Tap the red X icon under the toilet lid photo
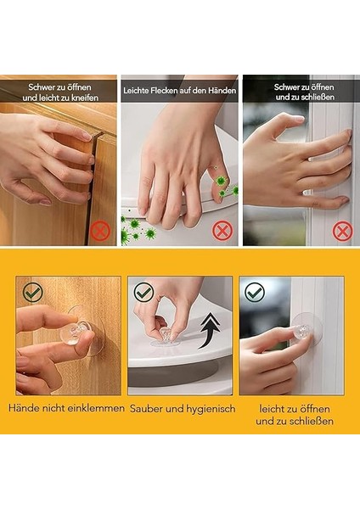pyautogui.click(x=222, y=229)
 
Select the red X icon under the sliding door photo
pyautogui.click(x=341, y=230)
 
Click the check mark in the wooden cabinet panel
pyautogui.click(x=32, y=293)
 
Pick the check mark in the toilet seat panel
pyautogui.click(x=144, y=293)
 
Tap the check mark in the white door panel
pyautogui.click(x=255, y=293)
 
